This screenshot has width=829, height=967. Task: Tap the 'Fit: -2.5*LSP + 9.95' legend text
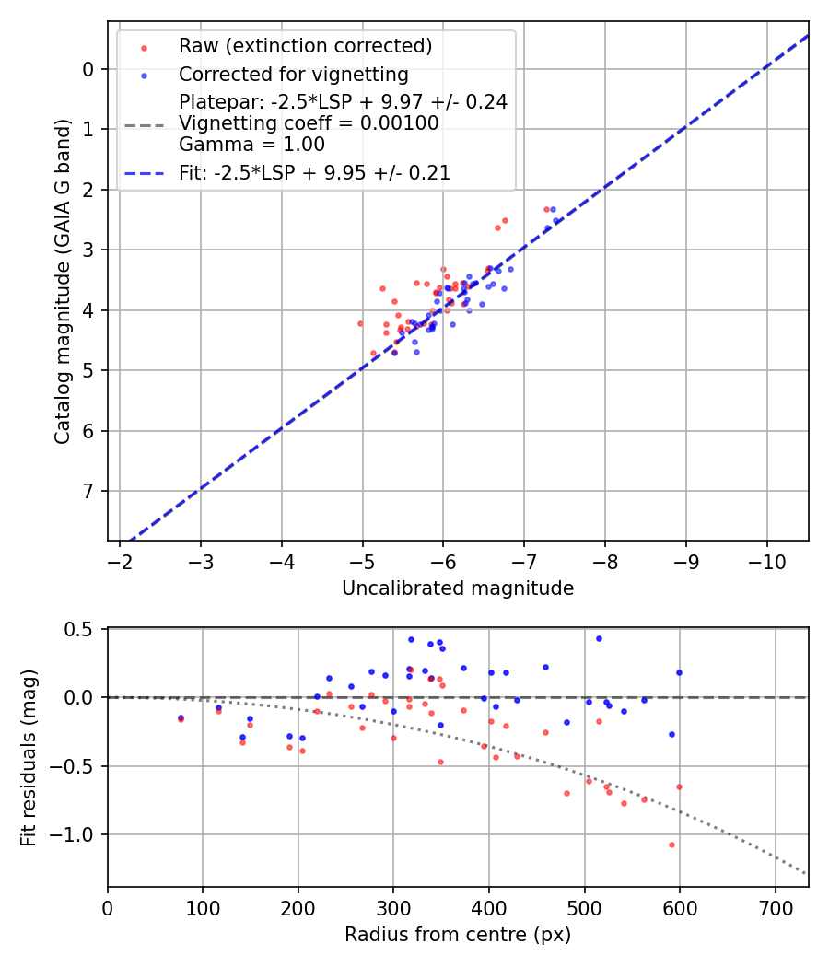coord(314,173)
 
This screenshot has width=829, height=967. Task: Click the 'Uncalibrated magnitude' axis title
coord(458,588)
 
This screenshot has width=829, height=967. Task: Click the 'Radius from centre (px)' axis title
coord(458,936)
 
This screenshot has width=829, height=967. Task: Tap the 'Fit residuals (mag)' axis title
coord(29,757)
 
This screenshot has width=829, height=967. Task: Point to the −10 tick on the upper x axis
coord(767,562)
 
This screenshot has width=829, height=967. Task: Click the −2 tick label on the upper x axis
coord(120,562)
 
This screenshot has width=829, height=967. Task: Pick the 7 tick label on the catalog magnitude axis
coord(88,491)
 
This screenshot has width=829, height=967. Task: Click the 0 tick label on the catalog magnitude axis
coord(88,69)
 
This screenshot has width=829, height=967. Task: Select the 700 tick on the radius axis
coord(775,908)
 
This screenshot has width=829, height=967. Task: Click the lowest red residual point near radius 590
coord(671,845)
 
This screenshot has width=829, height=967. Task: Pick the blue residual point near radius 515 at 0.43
coord(599,638)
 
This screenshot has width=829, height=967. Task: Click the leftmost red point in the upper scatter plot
coord(360,323)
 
